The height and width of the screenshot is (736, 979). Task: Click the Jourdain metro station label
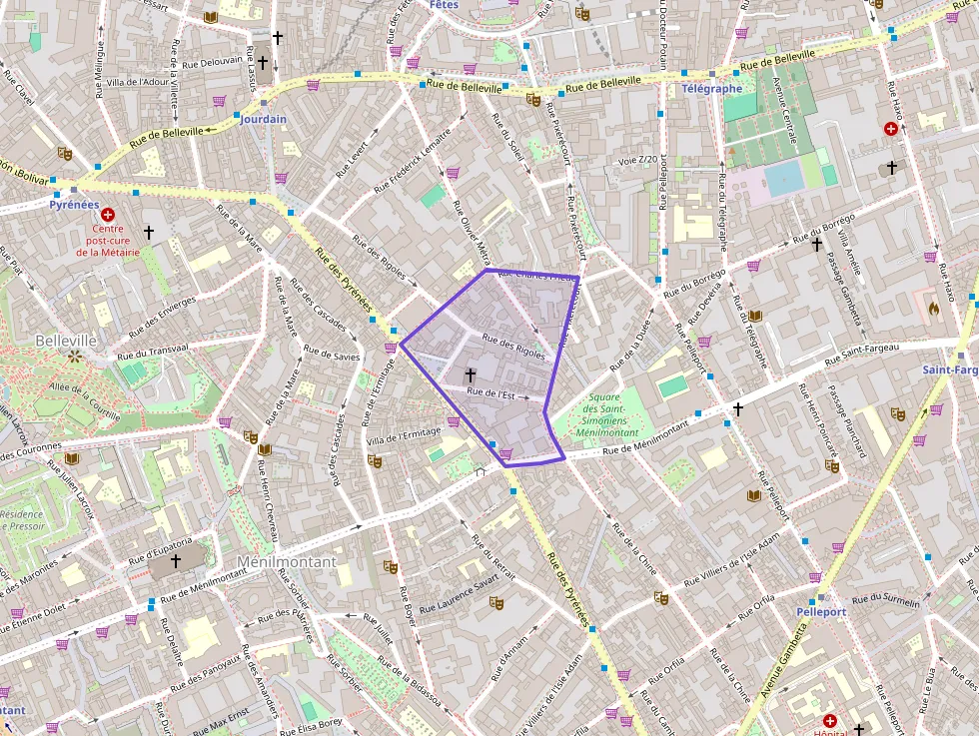263,119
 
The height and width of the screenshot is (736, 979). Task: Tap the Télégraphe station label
711,88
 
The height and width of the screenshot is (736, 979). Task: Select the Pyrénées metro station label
74,204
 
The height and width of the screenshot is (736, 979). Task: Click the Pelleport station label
821,610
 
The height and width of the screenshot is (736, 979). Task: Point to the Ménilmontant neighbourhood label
286,562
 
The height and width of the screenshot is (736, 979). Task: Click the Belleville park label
65,340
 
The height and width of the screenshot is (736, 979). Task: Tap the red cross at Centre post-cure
108,214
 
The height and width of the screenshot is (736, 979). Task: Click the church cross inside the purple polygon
470,374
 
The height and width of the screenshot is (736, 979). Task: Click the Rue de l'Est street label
490,394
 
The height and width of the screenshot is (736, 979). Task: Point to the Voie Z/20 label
638,160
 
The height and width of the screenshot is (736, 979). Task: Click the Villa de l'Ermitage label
405,436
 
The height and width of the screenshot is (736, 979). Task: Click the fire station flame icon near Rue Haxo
934,310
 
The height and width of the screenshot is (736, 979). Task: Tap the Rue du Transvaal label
152,351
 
